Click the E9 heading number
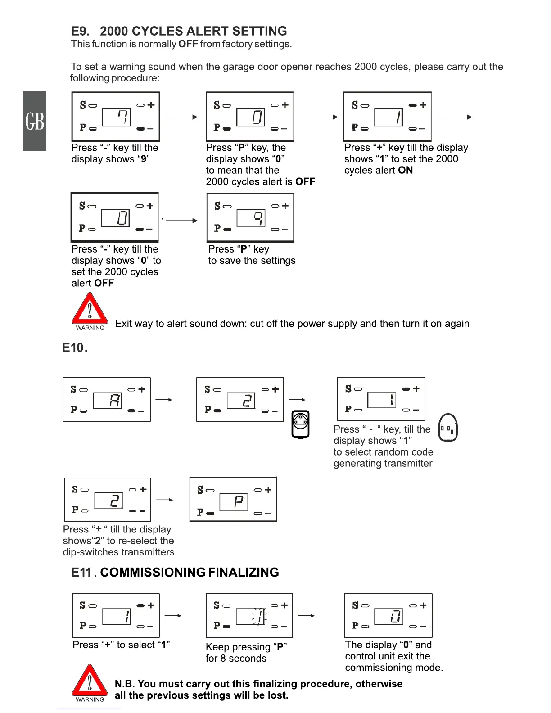click(80, 31)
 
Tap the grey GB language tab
click(35, 121)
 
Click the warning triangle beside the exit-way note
click(90, 310)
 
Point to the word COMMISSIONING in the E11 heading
click(152, 573)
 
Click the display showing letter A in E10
click(108, 400)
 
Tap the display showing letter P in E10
click(234, 501)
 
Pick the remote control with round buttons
click(300, 424)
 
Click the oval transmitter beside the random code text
click(448, 428)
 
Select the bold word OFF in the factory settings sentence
click(188, 44)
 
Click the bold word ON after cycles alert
click(405, 171)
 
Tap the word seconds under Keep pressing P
click(248, 659)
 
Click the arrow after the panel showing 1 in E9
click(456, 117)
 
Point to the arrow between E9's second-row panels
click(181, 221)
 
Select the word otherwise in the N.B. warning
click(379, 684)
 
